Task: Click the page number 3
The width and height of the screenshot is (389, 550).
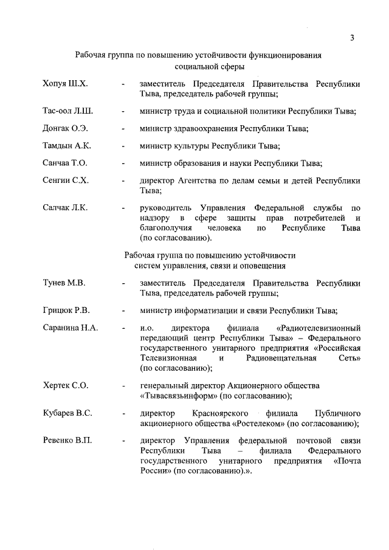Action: click(x=352, y=38)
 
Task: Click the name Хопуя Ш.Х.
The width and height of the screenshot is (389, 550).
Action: click(x=66, y=83)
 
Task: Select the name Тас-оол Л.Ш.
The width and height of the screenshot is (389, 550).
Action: click(x=68, y=111)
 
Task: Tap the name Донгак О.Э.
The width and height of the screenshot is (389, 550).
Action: click(x=66, y=128)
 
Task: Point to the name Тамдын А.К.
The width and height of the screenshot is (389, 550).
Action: click(x=67, y=146)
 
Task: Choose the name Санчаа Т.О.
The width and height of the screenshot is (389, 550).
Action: click(x=66, y=163)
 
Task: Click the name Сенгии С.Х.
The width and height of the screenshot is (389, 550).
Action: click(x=66, y=180)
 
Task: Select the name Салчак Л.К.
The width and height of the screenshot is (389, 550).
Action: click(x=66, y=208)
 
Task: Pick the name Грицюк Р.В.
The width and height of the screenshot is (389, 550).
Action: click(x=66, y=311)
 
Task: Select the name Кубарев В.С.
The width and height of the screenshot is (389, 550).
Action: click(x=67, y=413)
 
